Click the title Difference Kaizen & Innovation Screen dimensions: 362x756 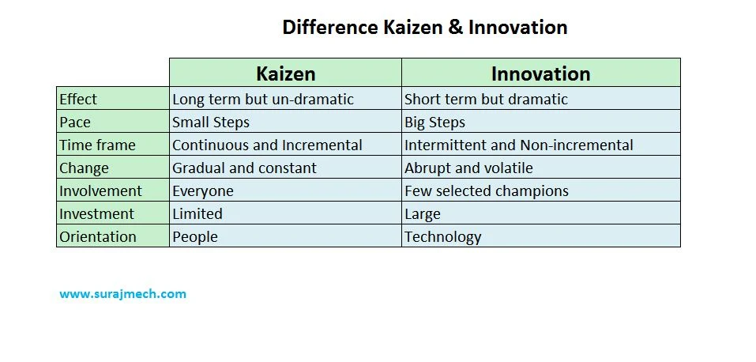point(425,28)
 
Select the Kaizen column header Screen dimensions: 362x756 point(285,74)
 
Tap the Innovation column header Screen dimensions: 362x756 point(540,74)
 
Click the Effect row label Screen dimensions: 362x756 point(78,100)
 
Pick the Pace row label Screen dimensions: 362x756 point(75,123)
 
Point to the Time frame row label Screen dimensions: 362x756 point(97,145)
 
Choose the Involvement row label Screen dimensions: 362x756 point(100,191)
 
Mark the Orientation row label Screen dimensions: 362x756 point(98,237)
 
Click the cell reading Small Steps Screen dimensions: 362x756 point(211,123)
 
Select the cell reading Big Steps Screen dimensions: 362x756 point(434,123)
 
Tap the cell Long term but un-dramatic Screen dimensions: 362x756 point(263,100)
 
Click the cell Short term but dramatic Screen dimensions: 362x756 point(486,100)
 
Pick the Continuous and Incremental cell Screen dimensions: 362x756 point(267,145)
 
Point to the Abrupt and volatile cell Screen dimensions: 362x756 point(468,168)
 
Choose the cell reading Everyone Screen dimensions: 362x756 point(203,191)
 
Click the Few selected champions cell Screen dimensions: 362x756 point(486,191)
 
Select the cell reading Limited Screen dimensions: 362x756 point(197,214)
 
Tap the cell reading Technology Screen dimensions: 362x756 point(442,237)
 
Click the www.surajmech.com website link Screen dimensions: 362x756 point(123,294)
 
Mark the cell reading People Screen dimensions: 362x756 point(195,237)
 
